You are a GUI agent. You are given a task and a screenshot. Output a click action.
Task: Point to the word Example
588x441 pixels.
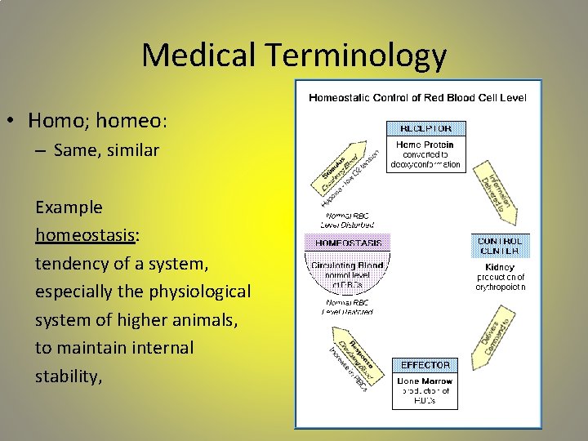69,207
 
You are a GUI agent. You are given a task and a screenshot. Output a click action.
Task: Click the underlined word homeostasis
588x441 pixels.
85,236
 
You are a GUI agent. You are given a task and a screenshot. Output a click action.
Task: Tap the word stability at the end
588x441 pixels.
67,376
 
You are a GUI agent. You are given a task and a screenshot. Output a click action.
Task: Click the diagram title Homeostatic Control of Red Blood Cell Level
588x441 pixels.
417,98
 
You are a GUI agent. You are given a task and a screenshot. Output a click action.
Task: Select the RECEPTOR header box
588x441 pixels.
425,128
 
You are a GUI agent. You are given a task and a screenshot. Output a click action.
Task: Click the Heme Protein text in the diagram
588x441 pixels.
425,145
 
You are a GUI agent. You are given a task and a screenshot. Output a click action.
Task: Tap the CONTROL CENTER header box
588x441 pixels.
500,246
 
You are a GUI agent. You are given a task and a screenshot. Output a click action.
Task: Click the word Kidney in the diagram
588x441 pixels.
501,266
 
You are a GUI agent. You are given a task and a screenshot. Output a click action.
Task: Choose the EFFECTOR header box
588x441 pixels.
425,364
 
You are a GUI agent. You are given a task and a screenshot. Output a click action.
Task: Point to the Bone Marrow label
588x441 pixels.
425,381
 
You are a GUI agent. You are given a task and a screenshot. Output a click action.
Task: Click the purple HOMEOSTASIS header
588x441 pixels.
348,242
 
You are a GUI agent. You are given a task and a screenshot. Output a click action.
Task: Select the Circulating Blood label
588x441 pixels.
348,265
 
